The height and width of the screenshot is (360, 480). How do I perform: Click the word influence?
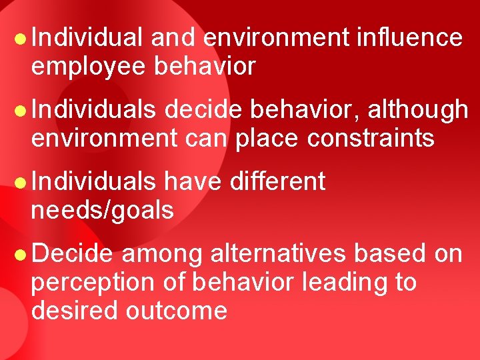(x=409, y=38)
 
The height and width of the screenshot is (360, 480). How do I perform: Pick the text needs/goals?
(x=102, y=211)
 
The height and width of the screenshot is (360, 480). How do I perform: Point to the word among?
(x=163, y=255)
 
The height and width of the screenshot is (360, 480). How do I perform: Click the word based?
(x=389, y=253)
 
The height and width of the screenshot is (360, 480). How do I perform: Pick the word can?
(x=198, y=139)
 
